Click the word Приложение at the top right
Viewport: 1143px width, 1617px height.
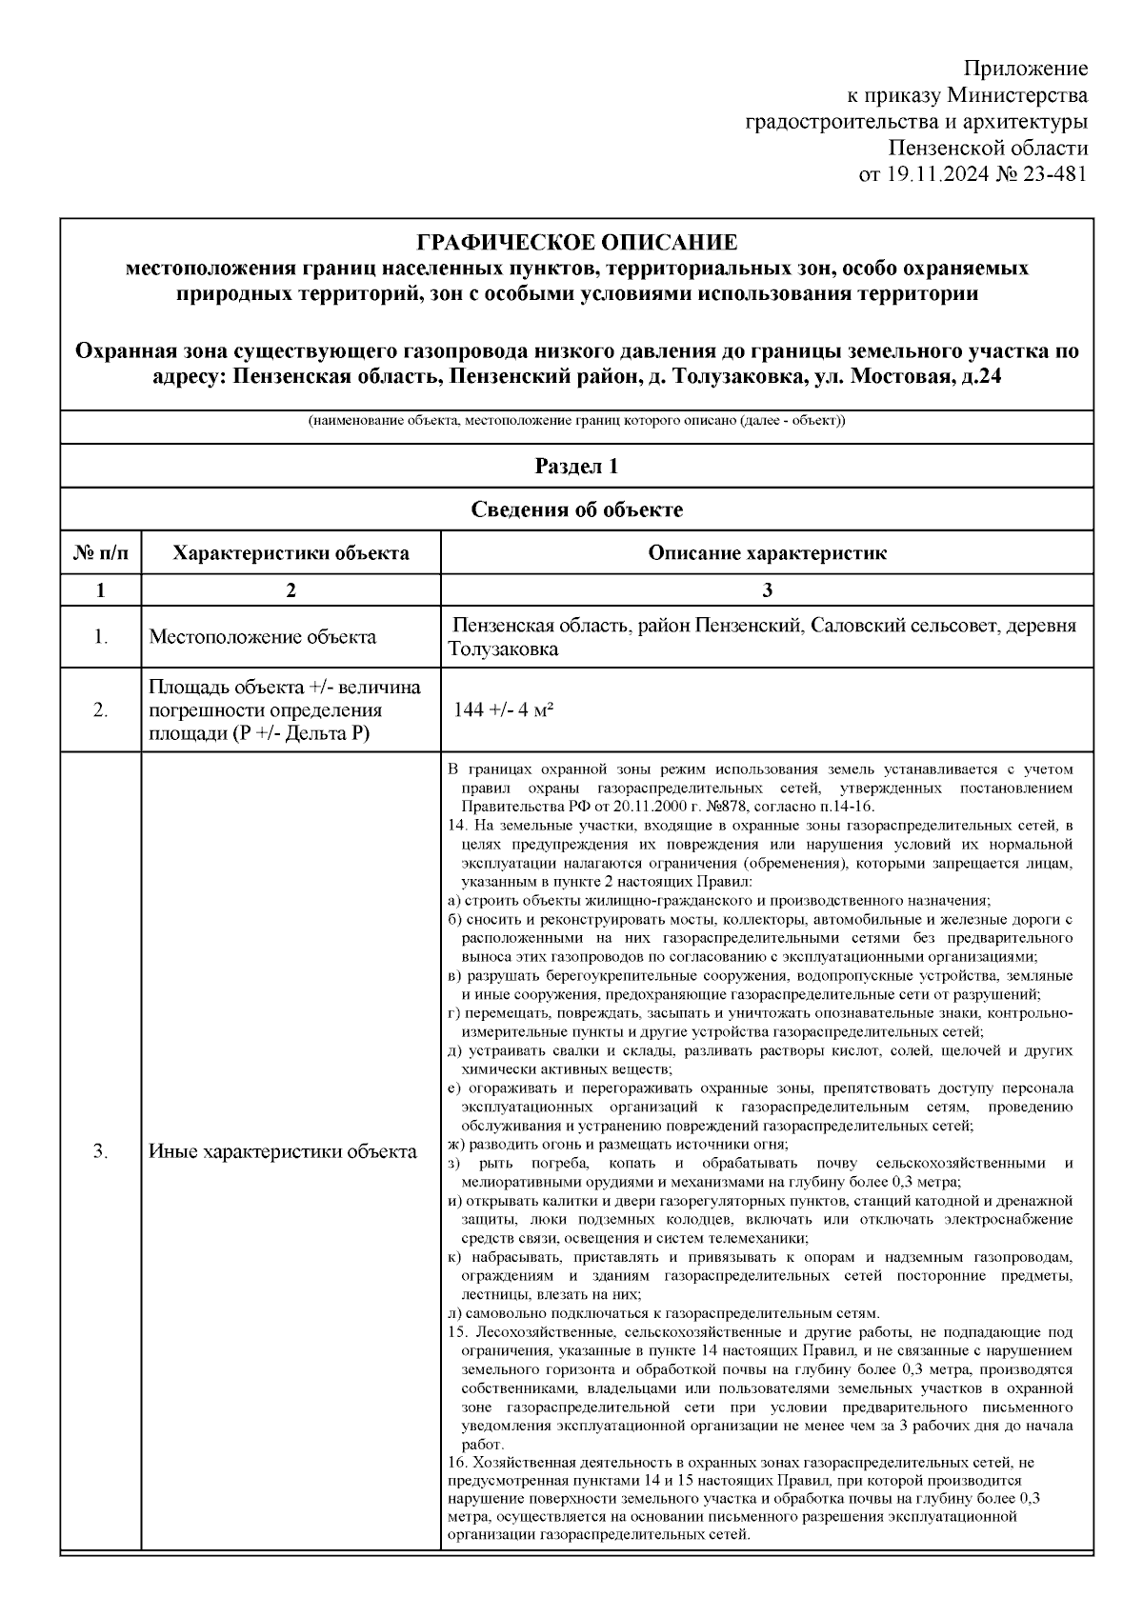tap(1026, 69)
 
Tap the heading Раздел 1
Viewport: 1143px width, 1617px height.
tap(576, 467)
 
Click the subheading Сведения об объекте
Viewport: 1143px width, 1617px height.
tap(576, 509)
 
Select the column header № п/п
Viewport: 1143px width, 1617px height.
tap(100, 553)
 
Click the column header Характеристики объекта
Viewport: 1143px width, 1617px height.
tap(291, 553)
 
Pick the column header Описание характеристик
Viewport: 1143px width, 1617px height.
tap(767, 553)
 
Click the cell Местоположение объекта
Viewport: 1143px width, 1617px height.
tap(262, 637)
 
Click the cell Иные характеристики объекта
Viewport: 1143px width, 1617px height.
tap(283, 1151)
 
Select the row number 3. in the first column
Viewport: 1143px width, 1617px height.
tap(100, 1151)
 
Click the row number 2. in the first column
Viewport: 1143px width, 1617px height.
tap(100, 710)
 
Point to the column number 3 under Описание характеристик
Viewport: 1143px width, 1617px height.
tap(767, 590)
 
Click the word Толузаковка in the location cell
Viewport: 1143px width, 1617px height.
tap(503, 649)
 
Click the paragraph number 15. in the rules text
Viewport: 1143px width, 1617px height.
tap(456, 1331)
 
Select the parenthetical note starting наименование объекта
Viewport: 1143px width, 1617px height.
tap(576, 421)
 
